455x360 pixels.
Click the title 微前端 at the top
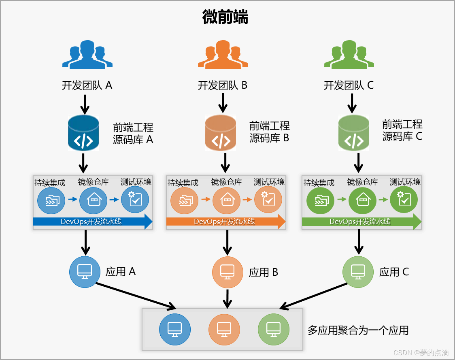(225, 17)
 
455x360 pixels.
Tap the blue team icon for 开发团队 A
(87, 55)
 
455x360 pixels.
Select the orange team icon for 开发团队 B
(223, 55)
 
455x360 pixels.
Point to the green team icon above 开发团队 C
(349, 55)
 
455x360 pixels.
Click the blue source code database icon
(83, 133)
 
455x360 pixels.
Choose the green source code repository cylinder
(353, 133)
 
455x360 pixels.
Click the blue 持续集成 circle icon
(51, 200)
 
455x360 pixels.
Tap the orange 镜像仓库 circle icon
(226, 200)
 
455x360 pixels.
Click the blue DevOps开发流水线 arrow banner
(92, 222)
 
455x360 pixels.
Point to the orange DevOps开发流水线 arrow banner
(226, 222)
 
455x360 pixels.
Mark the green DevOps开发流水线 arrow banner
(361, 222)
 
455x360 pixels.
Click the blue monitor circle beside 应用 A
(85, 272)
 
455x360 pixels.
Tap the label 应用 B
(264, 273)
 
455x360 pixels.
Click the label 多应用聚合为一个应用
(358, 330)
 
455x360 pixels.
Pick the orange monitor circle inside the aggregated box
(224, 329)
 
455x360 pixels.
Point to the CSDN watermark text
(421, 352)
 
